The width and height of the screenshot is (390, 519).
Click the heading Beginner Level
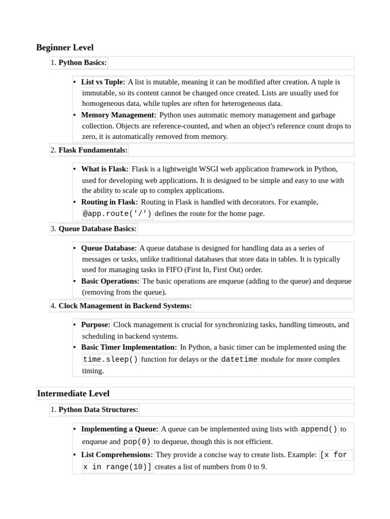click(65, 48)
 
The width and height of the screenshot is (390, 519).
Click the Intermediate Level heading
click(73, 393)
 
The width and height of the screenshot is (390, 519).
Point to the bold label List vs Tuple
click(103, 82)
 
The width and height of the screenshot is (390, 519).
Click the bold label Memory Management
click(119, 115)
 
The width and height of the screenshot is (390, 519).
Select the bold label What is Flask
click(105, 169)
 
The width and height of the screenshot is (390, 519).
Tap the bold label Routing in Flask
click(109, 202)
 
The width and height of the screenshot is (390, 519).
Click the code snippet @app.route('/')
click(117, 213)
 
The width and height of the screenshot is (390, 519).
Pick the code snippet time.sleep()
click(110, 359)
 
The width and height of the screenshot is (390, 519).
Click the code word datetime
click(239, 359)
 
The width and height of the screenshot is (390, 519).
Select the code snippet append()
click(319, 429)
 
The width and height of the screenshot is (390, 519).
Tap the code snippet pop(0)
click(137, 441)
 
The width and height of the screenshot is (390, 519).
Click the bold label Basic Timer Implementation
click(129, 347)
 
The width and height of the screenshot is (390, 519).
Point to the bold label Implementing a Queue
click(120, 429)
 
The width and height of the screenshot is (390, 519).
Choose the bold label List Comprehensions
click(117, 455)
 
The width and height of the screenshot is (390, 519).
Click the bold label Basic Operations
click(110, 281)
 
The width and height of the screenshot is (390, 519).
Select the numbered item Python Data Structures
click(99, 410)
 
